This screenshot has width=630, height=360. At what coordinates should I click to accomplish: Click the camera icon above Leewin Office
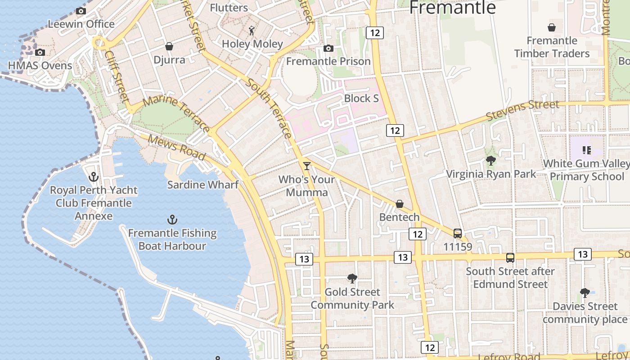[x=81, y=11]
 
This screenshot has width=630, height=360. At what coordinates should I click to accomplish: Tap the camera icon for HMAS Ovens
[x=40, y=52]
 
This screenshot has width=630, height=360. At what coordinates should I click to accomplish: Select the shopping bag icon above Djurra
[x=169, y=46]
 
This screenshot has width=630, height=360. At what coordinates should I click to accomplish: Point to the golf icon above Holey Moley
[x=252, y=31]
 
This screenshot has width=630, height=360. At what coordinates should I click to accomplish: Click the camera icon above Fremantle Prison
[x=328, y=48]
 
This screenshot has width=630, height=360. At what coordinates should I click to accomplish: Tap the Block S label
[x=361, y=98]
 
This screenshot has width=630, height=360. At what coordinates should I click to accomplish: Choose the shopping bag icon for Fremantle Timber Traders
[x=551, y=27]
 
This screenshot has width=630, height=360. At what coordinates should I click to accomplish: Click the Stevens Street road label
[x=523, y=111]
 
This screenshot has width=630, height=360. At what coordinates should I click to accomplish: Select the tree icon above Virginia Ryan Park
[x=491, y=160]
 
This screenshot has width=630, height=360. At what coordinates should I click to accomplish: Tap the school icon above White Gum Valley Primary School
[x=586, y=150]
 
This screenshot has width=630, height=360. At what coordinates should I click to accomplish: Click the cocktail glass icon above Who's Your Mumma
[x=307, y=166]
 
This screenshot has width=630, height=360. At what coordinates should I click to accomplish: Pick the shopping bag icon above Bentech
[x=399, y=204]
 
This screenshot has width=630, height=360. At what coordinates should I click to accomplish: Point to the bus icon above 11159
[x=458, y=233]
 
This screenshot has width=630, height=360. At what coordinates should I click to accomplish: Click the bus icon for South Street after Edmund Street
[x=510, y=257]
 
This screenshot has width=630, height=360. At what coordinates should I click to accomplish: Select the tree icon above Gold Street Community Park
[x=352, y=279]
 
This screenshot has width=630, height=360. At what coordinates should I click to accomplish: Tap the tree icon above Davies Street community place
[x=585, y=293]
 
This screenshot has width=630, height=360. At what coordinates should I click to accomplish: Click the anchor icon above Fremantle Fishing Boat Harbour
[x=172, y=220]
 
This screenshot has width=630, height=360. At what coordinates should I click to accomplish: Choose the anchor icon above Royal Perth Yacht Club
[x=94, y=176]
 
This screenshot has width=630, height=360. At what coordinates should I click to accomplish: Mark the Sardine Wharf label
[x=202, y=184]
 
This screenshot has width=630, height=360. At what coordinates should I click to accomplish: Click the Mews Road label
[x=177, y=147]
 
